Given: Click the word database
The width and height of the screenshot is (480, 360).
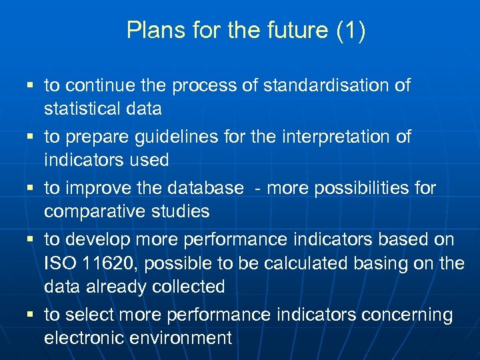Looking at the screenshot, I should click(205, 189).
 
